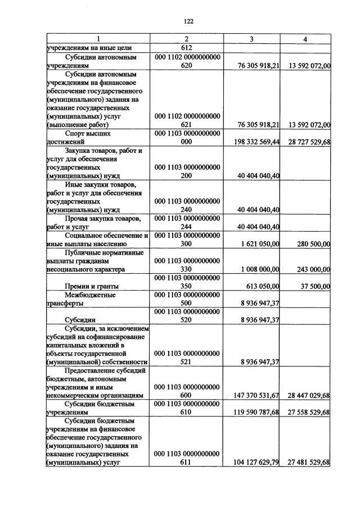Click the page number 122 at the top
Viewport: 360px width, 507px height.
point(188,21)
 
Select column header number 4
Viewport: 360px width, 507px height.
point(305,39)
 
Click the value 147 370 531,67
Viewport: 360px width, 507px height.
point(251,396)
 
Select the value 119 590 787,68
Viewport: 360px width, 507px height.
point(251,413)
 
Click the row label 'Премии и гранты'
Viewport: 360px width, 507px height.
point(92,287)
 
